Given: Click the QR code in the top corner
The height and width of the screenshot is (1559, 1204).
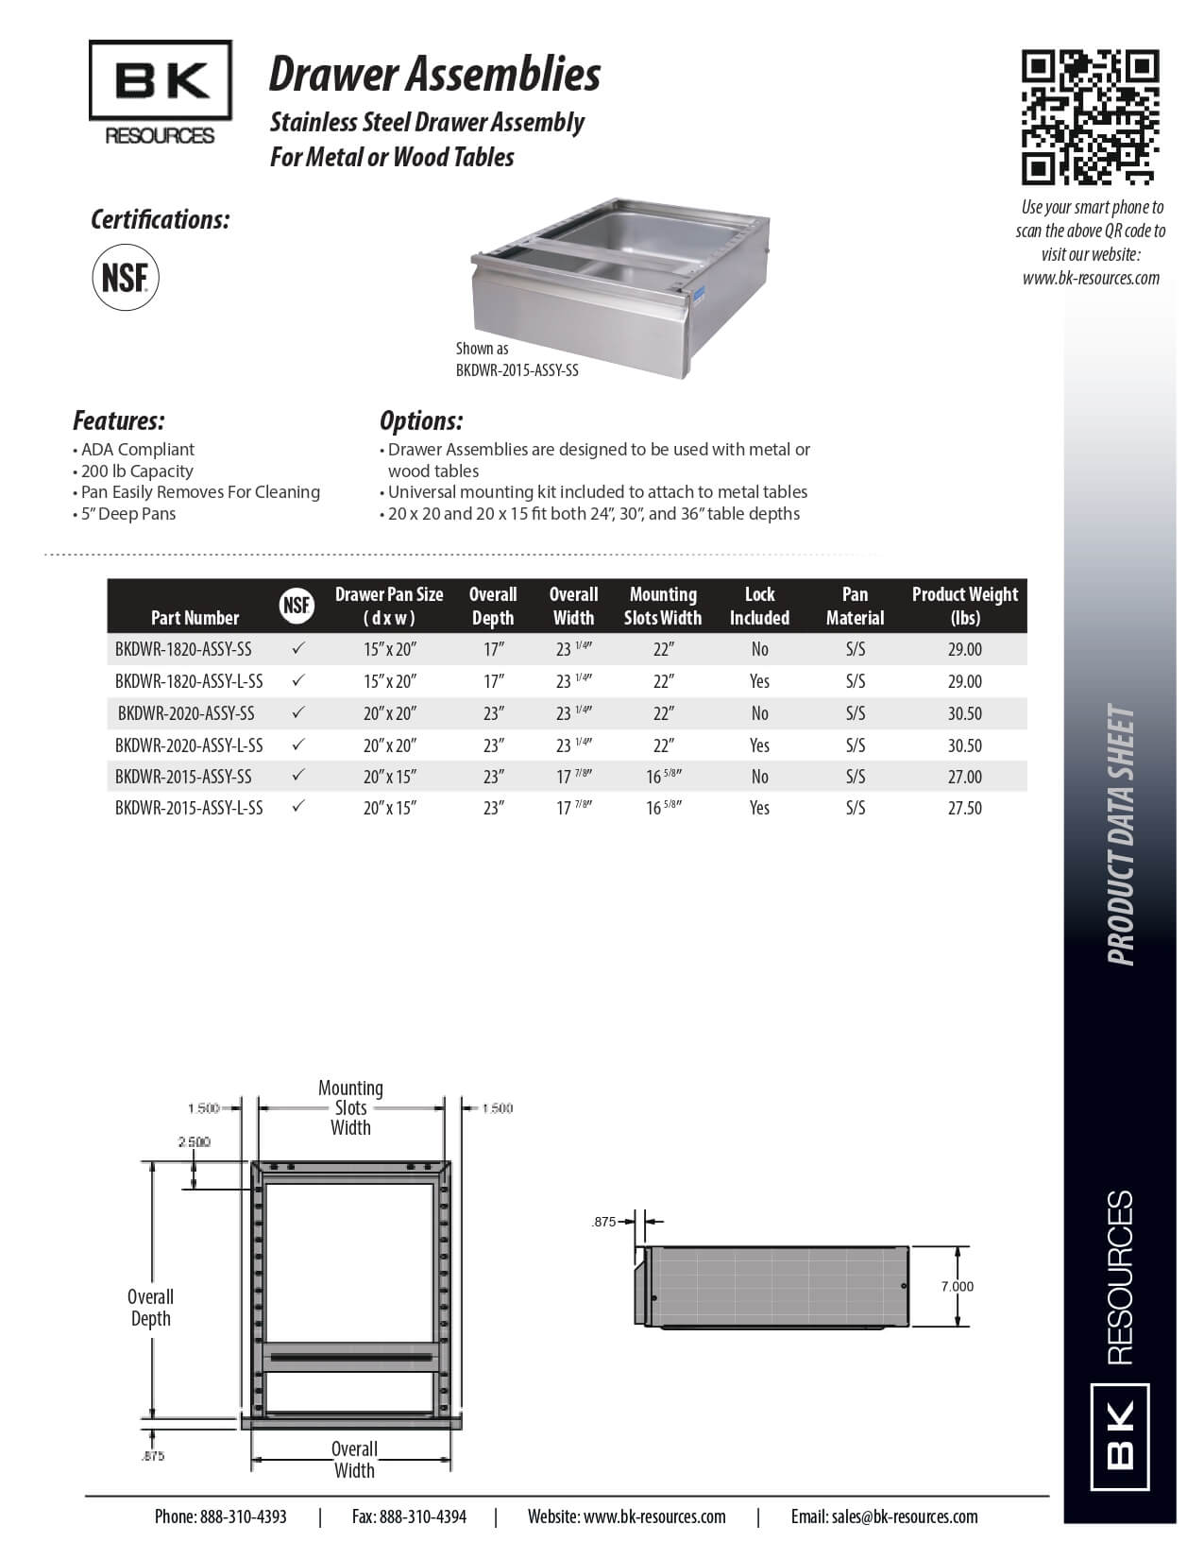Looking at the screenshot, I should click(1090, 117).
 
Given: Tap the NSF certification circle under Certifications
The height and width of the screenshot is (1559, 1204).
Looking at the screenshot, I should click(125, 278).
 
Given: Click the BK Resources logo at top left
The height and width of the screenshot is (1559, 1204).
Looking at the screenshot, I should click(160, 94).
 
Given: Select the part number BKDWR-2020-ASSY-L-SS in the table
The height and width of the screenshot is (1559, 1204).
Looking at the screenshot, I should click(189, 745).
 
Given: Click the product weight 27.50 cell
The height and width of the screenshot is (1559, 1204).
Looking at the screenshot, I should click(964, 808).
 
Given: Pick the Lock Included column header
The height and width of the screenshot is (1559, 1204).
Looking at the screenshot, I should click(759, 606).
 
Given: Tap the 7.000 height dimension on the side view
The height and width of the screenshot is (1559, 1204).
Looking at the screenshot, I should click(957, 1286).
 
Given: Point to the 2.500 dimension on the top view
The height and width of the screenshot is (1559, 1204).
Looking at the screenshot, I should click(194, 1141).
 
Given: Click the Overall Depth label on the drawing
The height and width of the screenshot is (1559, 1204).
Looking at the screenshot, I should click(150, 1308).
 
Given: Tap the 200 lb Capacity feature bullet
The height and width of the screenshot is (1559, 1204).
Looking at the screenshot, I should click(136, 471).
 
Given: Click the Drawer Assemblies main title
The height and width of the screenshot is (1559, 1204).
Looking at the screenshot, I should click(434, 74).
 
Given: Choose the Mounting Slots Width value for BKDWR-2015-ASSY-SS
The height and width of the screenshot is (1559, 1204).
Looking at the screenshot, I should click(663, 777).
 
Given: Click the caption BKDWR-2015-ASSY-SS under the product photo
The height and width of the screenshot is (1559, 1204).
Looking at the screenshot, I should click(517, 370).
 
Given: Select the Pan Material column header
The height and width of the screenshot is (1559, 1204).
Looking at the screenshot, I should click(855, 606).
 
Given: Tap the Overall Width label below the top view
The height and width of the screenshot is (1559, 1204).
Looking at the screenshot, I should click(354, 1459).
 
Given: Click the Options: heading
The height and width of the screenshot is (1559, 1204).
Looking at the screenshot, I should click(421, 420).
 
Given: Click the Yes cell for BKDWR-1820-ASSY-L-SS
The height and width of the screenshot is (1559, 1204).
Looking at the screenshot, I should click(759, 681).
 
